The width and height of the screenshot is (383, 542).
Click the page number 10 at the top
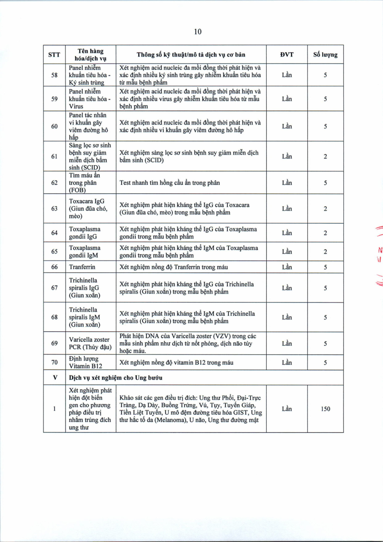198,32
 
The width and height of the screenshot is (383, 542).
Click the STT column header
54,55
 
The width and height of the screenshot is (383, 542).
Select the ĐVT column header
287,55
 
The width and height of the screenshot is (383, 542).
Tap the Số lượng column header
325,55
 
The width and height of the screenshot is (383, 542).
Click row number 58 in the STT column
54,76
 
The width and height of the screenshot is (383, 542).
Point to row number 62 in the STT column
54,182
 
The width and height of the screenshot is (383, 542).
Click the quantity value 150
325,409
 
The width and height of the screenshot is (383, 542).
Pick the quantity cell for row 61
325,156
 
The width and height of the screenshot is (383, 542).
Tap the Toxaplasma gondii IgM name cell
85,251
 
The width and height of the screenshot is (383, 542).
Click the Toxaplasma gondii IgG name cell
85,233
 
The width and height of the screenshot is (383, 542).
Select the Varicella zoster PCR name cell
90,343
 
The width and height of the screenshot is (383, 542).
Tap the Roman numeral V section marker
54,378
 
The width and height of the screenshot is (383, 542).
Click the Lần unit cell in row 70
287,362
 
